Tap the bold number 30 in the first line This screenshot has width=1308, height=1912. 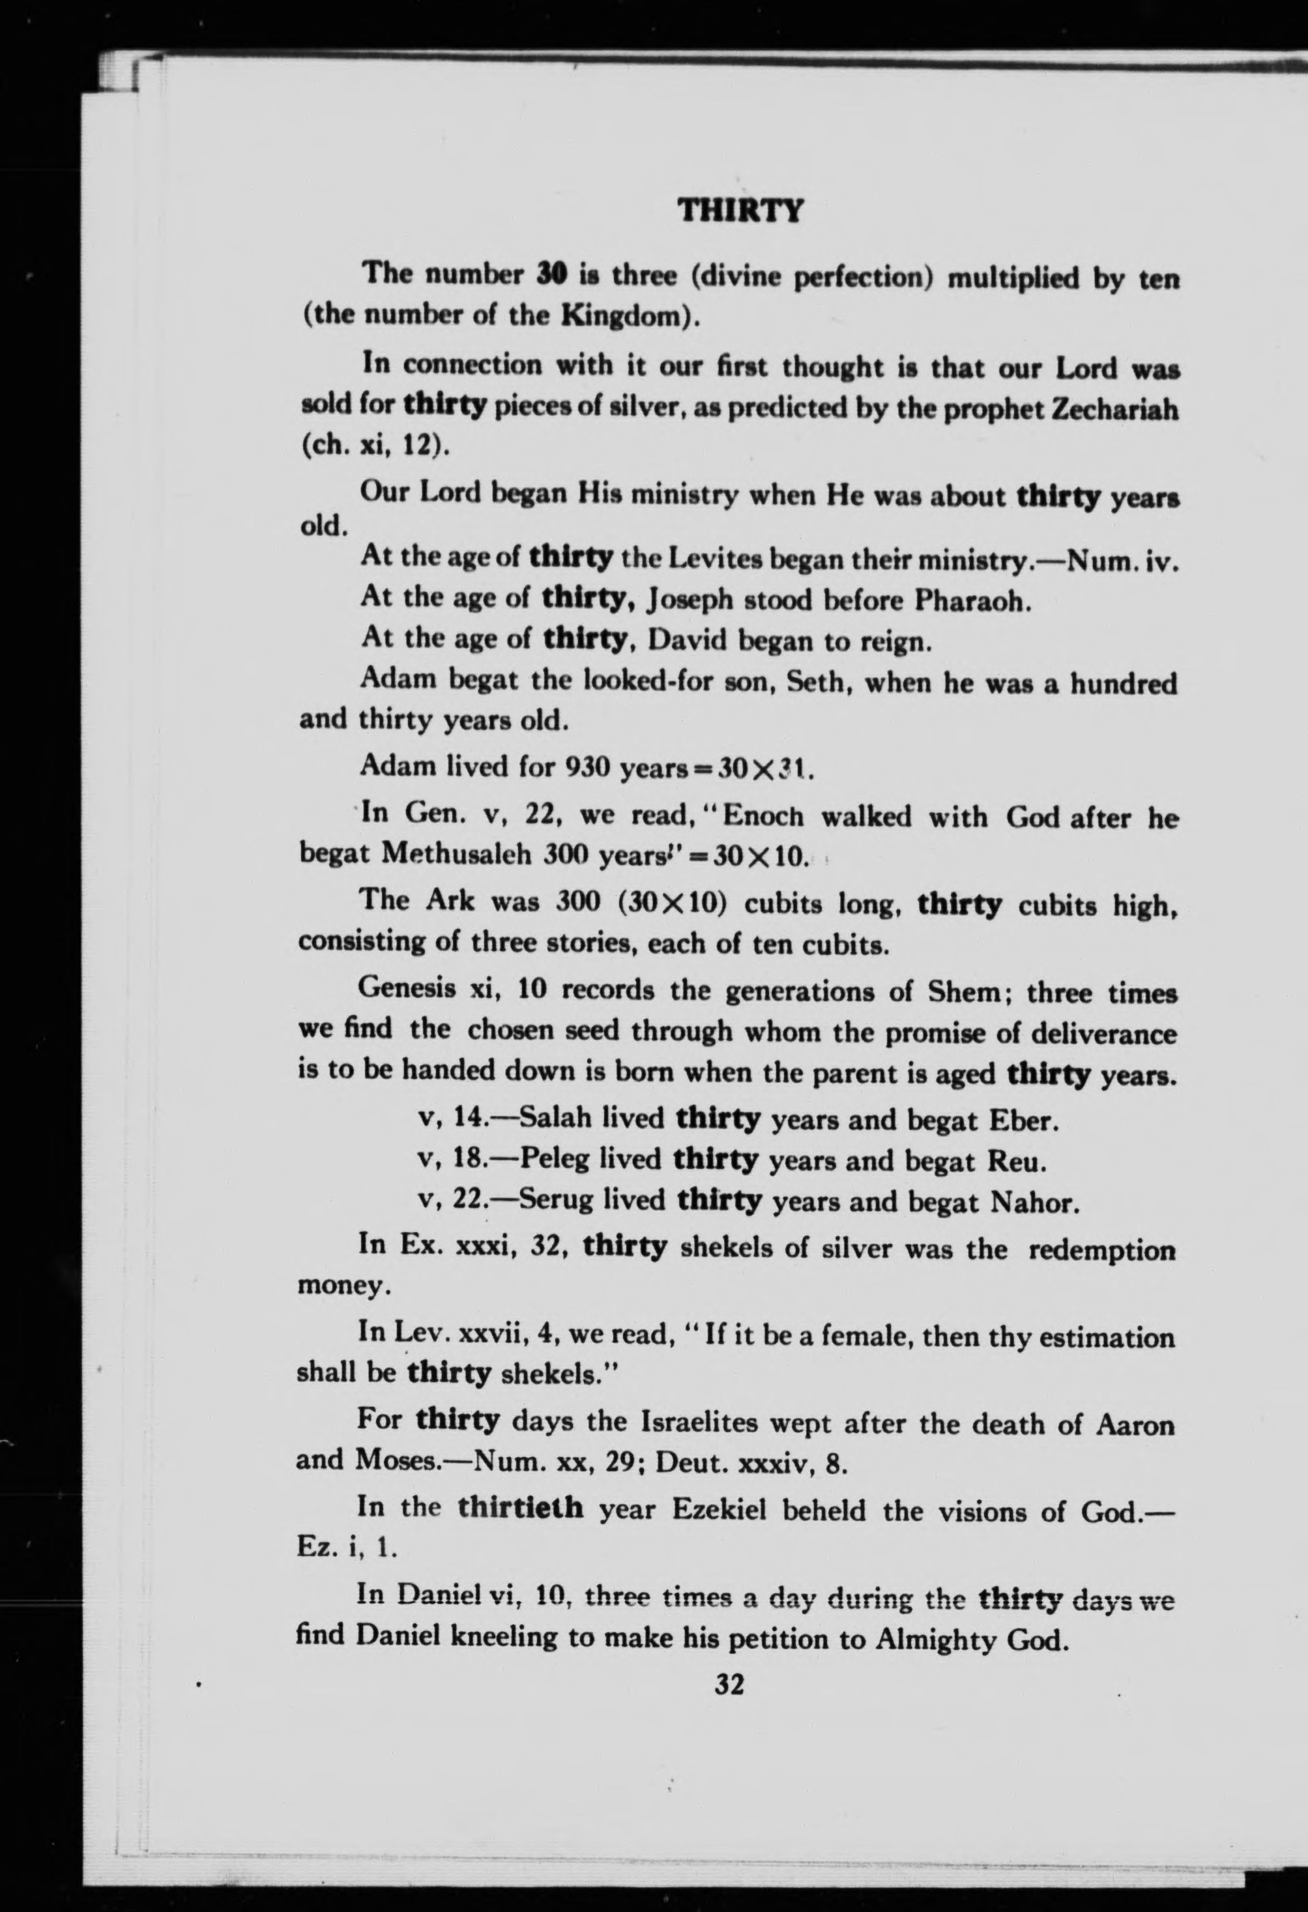click(x=548, y=273)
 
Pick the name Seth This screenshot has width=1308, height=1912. click(x=810, y=684)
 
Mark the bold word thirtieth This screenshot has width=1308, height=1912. click(x=521, y=1507)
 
